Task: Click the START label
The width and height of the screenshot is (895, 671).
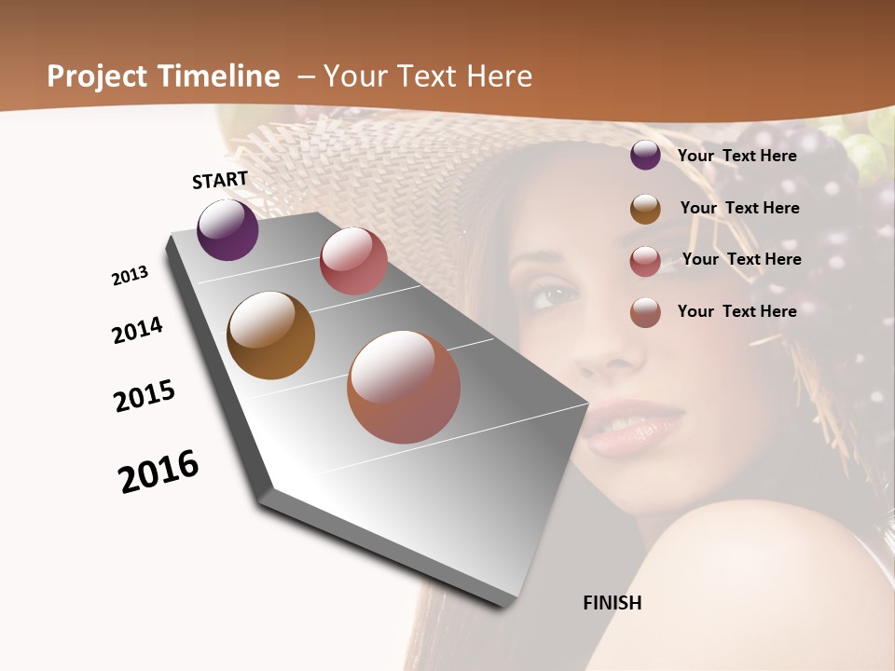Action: pos(220,180)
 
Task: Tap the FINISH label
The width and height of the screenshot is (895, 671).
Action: pos(612,603)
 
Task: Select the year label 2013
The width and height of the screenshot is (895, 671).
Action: pos(130,276)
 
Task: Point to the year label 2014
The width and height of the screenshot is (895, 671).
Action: pos(137,330)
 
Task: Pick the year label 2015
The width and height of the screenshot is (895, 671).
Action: pos(145,396)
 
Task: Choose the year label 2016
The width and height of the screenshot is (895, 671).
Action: pos(158,472)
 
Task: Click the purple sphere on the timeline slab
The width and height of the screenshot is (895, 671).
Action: pos(227,230)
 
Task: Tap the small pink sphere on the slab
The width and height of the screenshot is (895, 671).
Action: pos(353,261)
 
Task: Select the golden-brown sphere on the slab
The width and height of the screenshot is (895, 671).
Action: pos(271,335)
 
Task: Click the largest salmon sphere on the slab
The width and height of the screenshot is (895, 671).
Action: pos(404,387)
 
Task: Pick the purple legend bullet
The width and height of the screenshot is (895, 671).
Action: pos(645,156)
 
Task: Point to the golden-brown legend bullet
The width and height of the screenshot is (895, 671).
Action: pos(645,209)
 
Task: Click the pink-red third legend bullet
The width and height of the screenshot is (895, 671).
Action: pos(645,261)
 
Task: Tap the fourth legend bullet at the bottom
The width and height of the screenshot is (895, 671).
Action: pos(645,312)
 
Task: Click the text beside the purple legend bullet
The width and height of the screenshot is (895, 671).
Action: pos(737,156)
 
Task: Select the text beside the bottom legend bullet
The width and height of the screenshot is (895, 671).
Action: pos(737,311)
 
